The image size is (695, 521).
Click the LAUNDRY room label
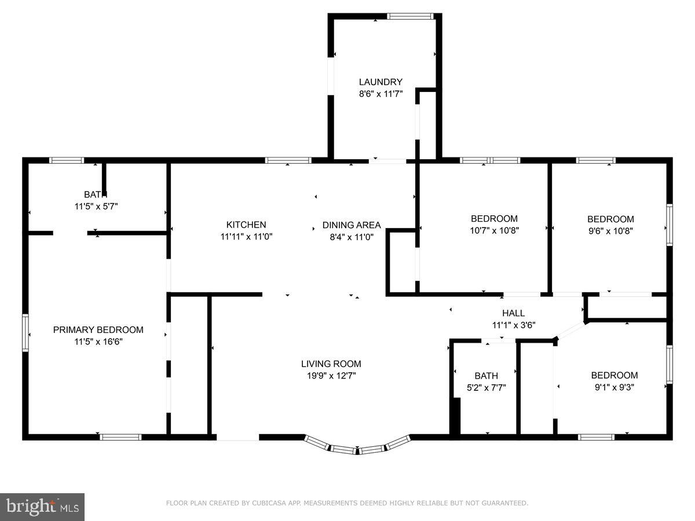(381, 82)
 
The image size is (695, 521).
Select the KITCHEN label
(246, 225)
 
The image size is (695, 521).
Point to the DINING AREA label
(352, 225)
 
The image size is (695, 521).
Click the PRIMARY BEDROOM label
(98, 330)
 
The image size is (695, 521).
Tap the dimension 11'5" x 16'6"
(98, 342)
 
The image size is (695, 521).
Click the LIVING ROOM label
(331, 364)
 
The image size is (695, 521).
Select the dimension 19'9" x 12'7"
(331, 376)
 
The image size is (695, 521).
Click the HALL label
(513, 313)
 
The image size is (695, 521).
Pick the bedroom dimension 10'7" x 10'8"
(494, 230)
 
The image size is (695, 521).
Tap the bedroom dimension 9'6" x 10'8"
(610, 230)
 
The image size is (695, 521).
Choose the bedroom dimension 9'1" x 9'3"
(614, 387)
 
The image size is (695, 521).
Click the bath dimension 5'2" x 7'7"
(487, 387)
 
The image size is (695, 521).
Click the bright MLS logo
(42, 507)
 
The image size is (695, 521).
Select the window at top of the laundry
(410, 16)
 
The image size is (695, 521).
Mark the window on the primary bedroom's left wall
(25, 332)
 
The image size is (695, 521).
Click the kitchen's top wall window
(288, 160)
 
